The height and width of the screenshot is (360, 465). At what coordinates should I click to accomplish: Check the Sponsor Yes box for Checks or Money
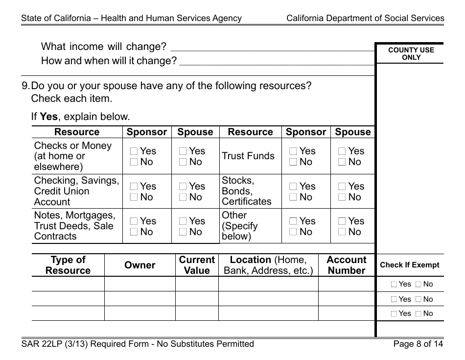coord(134,152)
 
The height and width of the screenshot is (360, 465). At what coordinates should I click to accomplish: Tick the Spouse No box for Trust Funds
coord(342,162)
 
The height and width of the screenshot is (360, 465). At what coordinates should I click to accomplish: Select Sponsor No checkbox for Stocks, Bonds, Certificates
coord(293,197)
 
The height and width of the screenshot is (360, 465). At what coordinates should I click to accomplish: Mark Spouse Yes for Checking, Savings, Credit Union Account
coord(183,187)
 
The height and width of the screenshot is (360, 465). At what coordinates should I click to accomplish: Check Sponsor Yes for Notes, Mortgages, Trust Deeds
coord(134,222)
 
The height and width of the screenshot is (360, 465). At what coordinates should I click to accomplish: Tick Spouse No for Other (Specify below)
coord(342,232)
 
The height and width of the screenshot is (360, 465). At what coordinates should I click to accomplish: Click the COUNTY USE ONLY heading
coord(411,53)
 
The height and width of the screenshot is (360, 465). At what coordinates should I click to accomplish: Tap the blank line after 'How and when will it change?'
coord(277,62)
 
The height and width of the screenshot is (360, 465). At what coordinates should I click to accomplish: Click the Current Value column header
coord(197,265)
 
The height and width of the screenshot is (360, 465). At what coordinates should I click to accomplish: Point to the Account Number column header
coord(346,265)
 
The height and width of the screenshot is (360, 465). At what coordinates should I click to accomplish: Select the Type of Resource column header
coord(68,265)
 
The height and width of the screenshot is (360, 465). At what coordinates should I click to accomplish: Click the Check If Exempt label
coord(410,265)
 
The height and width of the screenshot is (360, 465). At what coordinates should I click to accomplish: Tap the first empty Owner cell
coord(140,284)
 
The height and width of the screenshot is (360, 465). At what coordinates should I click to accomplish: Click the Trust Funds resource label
coord(248,156)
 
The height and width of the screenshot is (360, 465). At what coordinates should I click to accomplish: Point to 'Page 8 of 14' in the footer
coord(418,344)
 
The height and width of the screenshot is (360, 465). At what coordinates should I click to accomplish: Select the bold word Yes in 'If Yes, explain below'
coord(49,117)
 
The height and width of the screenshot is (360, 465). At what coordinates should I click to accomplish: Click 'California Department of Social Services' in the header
coord(365,19)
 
